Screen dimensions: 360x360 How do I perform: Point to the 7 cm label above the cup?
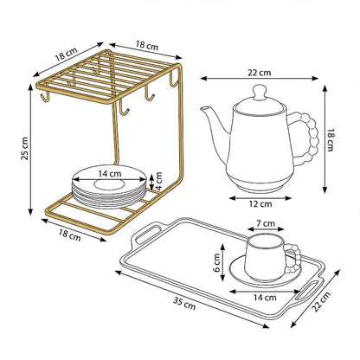pyautogui.click(x=267, y=224)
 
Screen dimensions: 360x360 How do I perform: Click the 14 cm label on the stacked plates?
pyautogui.click(x=109, y=174)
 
